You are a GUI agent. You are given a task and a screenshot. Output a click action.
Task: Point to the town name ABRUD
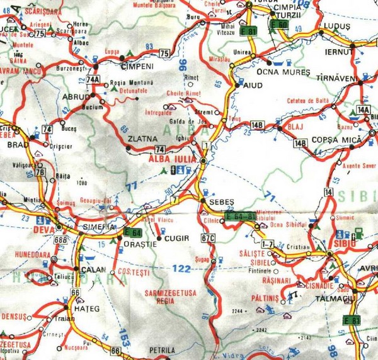[74, 98]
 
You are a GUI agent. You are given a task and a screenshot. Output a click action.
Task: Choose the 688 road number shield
[61, 240]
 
